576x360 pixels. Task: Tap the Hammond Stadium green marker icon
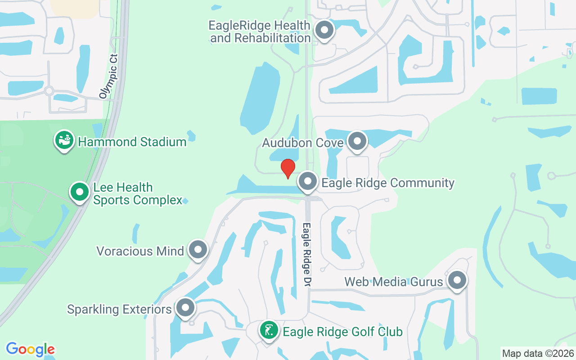[x=65, y=140]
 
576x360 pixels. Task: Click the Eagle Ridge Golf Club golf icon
[x=269, y=331]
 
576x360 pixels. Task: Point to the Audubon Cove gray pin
[x=357, y=141]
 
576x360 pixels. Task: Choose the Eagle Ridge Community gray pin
[x=308, y=182]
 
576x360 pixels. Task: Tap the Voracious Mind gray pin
[x=198, y=250]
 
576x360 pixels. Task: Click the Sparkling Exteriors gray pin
[x=185, y=308]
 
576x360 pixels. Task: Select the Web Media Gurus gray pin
[x=457, y=280]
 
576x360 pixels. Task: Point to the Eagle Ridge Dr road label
[x=307, y=254]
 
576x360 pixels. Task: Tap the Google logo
[x=30, y=349]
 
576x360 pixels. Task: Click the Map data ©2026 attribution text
[x=538, y=353]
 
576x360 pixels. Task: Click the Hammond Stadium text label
[x=132, y=142]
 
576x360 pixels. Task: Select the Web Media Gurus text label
[x=394, y=282]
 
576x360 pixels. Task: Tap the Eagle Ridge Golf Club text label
[x=342, y=332]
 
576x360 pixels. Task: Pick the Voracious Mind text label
[x=140, y=251]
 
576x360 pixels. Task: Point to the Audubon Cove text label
[x=303, y=143]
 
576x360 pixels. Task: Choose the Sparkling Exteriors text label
[x=120, y=310]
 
